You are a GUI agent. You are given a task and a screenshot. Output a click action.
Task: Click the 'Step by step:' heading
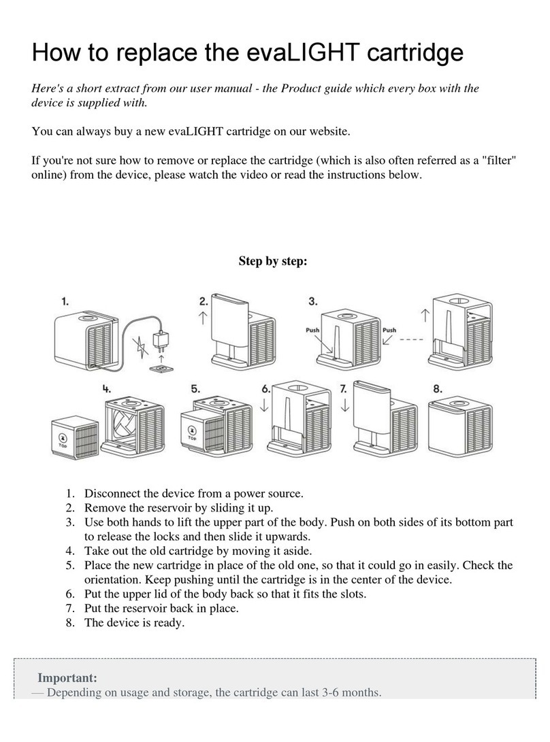point(273,261)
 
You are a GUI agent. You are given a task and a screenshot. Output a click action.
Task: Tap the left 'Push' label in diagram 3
point(313,331)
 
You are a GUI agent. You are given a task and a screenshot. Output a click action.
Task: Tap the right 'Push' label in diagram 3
point(389,331)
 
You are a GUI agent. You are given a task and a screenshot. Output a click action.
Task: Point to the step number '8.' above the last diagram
point(438,389)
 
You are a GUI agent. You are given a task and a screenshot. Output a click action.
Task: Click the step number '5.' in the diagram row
point(195,389)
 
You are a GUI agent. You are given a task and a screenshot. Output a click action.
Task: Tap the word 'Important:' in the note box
point(67,678)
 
